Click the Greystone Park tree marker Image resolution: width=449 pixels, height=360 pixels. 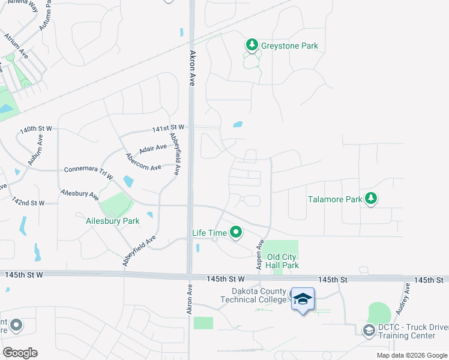coord(252,45)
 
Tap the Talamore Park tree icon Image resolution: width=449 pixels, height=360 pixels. coord(372,199)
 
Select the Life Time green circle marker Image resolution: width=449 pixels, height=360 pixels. coord(237,232)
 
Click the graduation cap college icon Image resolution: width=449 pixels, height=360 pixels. coord(303,298)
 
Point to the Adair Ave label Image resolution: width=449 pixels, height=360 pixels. coord(152,148)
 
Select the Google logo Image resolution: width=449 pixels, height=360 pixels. coord(20,352)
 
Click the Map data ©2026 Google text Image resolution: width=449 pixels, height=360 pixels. coord(411,355)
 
